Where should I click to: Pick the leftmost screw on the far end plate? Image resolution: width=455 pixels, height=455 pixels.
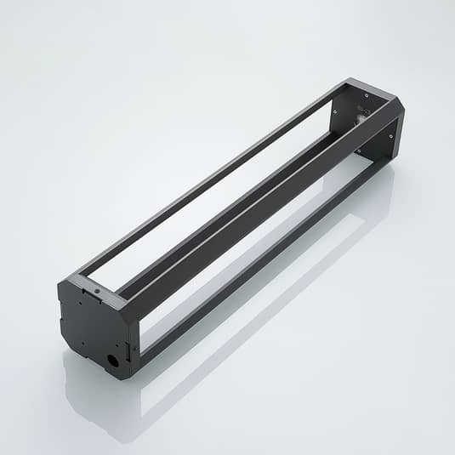tap(334, 109)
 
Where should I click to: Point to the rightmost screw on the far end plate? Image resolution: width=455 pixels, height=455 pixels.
tap(390, 134)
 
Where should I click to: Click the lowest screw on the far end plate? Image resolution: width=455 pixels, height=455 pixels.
tap(357, 151)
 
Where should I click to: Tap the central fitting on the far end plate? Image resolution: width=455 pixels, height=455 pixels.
tap(361, 119)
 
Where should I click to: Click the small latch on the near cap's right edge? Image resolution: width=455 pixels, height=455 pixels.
tap(130, 348)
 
